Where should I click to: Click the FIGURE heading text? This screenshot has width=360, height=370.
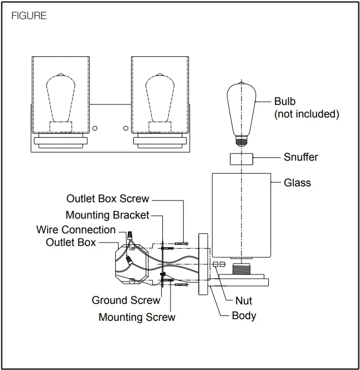click(29, 16)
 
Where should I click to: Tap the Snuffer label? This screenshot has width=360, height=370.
click(300, 157)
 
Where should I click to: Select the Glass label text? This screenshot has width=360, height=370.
click(297, 183)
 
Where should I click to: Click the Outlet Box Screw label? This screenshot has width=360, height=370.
click(108, 199)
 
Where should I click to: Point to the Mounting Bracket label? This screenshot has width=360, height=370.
click(107, 215)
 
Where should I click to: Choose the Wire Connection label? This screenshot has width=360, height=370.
click(76, 230)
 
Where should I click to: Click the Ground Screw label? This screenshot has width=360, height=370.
click(126, 300)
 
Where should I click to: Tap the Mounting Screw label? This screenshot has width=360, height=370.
click(137, 317)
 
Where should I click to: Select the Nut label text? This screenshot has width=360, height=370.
click(244, 301)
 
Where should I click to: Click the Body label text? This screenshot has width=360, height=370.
click(244, 316)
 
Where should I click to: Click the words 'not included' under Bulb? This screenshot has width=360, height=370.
click(306, 114)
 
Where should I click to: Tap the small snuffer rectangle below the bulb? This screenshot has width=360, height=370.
click(241, 159)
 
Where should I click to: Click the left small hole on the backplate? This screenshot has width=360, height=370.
click(95, 128)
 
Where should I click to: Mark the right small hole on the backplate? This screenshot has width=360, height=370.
click(126, 128)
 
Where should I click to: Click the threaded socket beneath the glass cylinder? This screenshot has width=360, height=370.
click(241, 269)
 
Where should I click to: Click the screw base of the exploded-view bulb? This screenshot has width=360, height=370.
click(241, 141)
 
